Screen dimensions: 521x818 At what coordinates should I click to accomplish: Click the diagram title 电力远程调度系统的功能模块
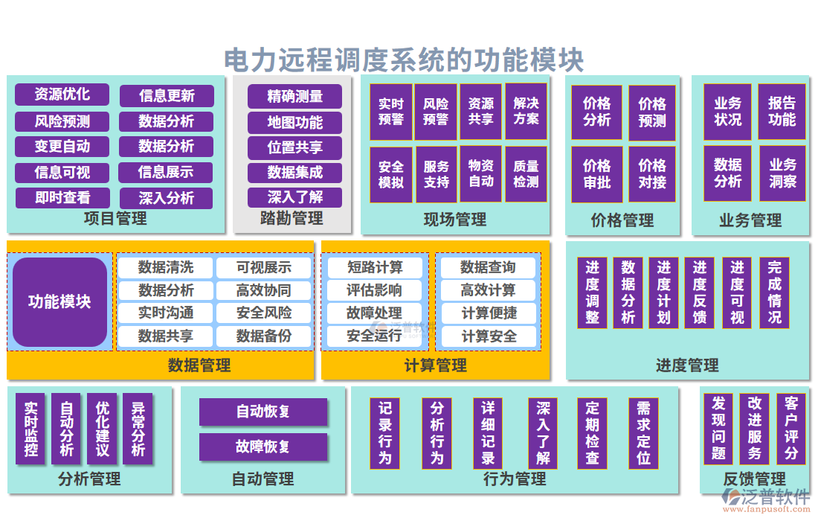(404, 60)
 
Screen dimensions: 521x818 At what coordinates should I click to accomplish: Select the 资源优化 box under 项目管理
(62, 95)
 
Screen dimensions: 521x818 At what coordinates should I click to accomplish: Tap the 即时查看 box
(62, 197)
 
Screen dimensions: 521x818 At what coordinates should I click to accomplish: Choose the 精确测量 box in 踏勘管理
(295, 96)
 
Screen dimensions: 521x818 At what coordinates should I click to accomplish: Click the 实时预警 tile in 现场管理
(391, 112)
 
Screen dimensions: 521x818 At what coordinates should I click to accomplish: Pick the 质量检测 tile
(526, 174)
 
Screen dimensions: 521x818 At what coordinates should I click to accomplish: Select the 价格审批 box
(596, 174)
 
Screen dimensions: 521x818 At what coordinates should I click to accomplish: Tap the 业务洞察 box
(782, 173)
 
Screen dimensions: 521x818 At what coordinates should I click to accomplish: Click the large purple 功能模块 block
(59, 301)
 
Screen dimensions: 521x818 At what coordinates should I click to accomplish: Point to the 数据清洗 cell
(166, 267)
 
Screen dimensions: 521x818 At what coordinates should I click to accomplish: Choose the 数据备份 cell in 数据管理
(264, 336)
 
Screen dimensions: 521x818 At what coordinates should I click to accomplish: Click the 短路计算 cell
(375, 267)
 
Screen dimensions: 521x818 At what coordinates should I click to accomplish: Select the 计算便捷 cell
(489, 313)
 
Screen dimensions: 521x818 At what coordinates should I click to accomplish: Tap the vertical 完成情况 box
(774, 292)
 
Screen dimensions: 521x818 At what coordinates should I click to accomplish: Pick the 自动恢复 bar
(263, 412)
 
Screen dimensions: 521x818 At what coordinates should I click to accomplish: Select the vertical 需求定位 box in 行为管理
(643, 432)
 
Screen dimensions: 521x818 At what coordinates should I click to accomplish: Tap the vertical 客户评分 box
(790, 428)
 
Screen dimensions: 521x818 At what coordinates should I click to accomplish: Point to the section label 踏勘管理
(292, 218)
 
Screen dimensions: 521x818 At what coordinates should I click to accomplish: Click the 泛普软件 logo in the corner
(765, 499)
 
